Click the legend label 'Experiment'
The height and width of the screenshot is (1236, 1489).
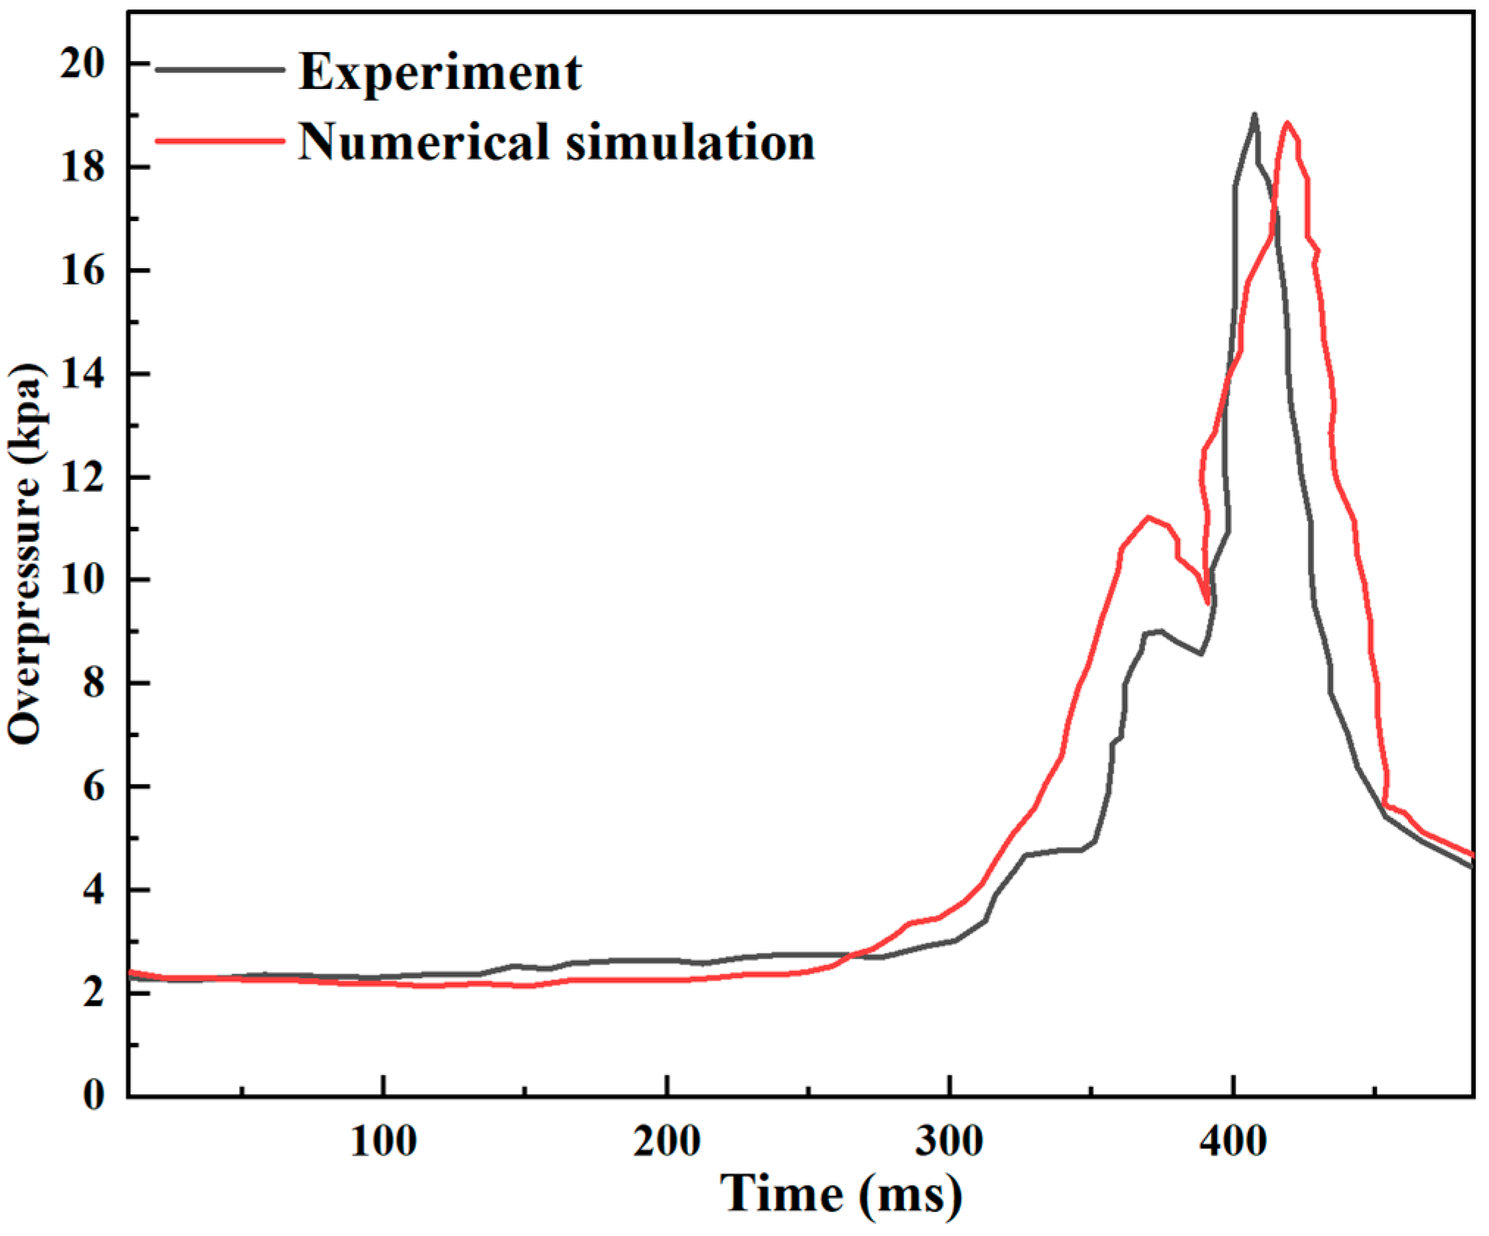[439, 73]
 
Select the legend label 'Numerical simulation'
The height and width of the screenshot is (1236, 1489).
[556, 142]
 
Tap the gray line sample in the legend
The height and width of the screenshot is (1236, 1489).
[220, 69]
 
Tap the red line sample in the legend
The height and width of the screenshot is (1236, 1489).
[220, 140]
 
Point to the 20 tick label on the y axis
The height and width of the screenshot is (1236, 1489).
[82, 64]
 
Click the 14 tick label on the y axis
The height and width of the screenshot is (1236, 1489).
[82, 374]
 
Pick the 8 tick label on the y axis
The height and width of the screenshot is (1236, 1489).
[93, 683]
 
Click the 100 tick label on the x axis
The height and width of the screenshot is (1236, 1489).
[383, 1141]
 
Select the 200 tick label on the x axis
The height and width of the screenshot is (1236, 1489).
[666, 1141]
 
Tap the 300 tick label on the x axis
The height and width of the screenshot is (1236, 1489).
[949, 1141]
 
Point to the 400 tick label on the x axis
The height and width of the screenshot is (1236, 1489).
[1233, 1141]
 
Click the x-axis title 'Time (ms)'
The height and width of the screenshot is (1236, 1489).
[840, 1193]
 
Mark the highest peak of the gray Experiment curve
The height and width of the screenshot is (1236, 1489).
[1254, 115]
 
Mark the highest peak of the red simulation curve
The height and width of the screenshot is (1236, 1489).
[1286, 123]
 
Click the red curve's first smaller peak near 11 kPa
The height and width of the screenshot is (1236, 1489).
[1148, 517]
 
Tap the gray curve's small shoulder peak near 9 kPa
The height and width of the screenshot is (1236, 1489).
[1159, 630]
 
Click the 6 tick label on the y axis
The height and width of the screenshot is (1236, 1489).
[93, 787]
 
